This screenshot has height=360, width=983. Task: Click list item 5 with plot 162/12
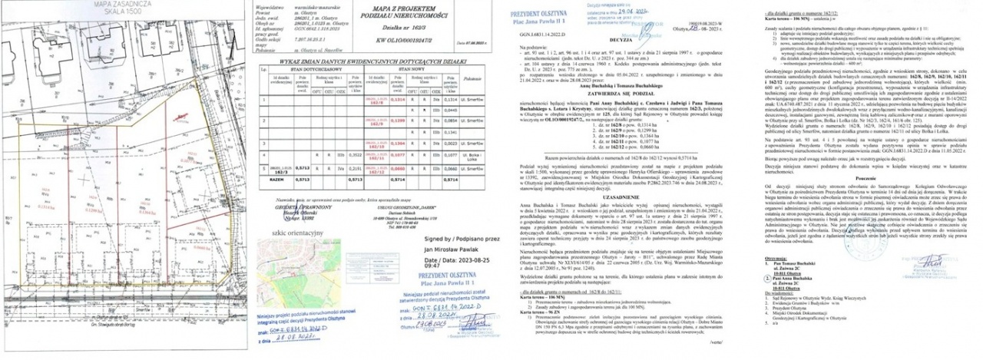[611, 145]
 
